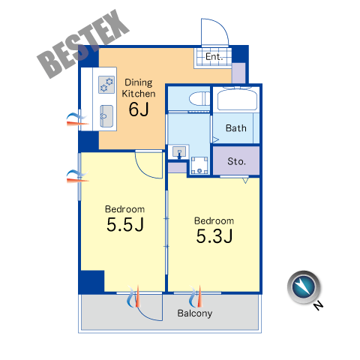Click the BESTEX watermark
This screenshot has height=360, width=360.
pyautogui.click(x=83, y=43)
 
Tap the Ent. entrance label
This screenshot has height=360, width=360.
pyautogui.click(x=214, y=57)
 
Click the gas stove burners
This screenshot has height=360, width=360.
pyautogui.click(x=106, y=85)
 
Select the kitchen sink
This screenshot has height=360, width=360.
pyautogui.click(x=106, y=116)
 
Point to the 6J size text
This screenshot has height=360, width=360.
pyautogui.click(x=139, y=109)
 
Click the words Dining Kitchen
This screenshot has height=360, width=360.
pyautogui.click(x=139, y=88)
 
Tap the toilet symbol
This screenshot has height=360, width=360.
pyautogui.click(x=199, y=99)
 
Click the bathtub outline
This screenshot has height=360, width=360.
pyautogui.click(x=237, y=100)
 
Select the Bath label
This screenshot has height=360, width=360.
pyautogui.click(x=236, y=128)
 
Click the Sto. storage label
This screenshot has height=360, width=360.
pyautogui.click(x=236, y=161)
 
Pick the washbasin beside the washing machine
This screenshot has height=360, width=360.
pyautogui.click(x=179, y=152)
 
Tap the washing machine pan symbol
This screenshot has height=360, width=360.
pyautogui.click(x=199, y=165)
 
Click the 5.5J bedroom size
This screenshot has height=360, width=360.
pyautogui.click(x=125, y=224)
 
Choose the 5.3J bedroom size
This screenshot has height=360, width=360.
pyautogui.click(x=214, y=236)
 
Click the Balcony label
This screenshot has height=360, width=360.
pyautogui.click(x=195, y=313)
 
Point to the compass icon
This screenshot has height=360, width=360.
pyautogui.click(x=304, y=287)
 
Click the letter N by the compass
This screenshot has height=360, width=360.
pyautogui.click(x=318, y=305)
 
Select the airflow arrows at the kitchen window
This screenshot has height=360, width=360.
pyautogui.click(x=77, y=119)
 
